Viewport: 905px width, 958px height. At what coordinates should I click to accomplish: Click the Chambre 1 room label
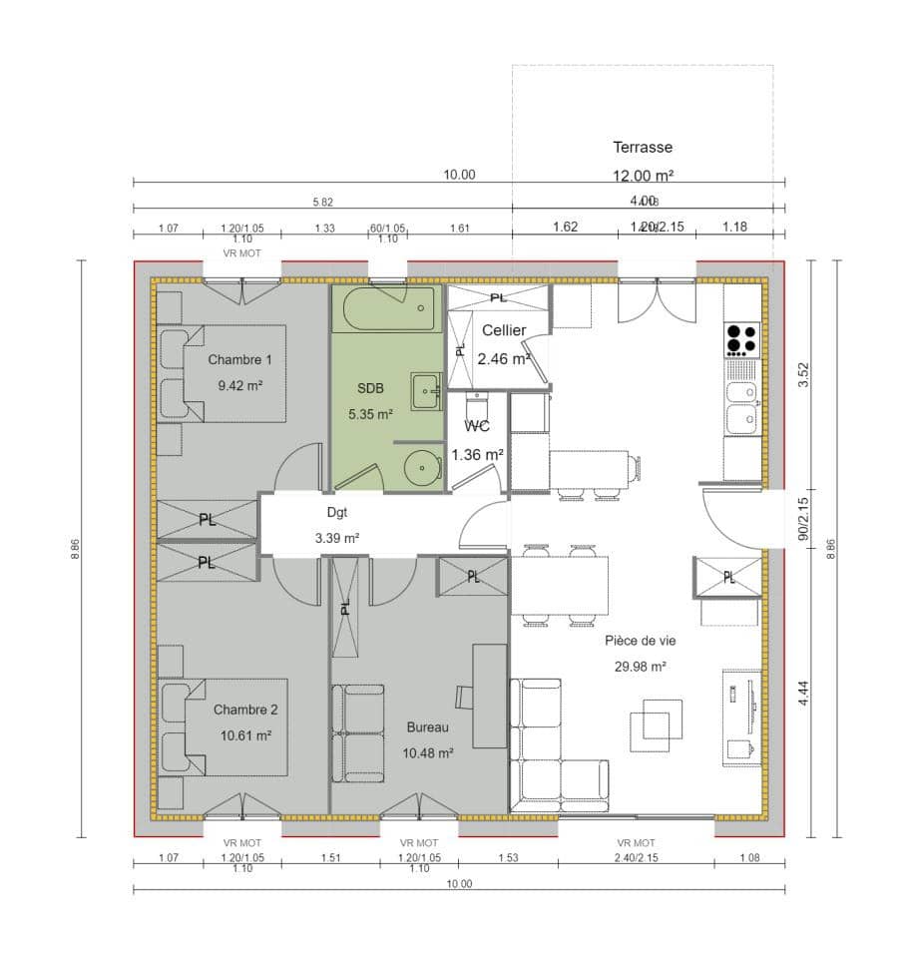pyautogui.click(x=239, y=359)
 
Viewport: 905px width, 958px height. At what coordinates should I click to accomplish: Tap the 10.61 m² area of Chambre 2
pyautogui.click(x=244, y=735)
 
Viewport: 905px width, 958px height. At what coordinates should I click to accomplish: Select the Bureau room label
pyautogui.click(x=428, y=727)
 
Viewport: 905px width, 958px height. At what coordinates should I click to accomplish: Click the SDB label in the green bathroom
pyautogui.click(x=370, y=387)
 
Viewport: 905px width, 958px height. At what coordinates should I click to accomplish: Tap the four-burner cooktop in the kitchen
pyautogui.click(x=741, y=339)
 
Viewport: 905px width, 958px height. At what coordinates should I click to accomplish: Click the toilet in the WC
pyautogui.click(x=477, y=408)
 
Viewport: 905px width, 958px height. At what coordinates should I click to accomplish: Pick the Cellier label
pyautogui.click(x=504, y=330)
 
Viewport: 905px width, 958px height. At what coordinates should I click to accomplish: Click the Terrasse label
pyautogui.click(x=643, y=148)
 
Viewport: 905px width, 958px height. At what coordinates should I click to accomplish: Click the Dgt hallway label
pyautogui.click(x=337, y=513)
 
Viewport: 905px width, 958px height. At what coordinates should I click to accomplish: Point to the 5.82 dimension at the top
pyautogui.click(x=322, y=202)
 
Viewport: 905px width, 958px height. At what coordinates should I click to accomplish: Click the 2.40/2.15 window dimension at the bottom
pyautogui.click(x=636, y=857)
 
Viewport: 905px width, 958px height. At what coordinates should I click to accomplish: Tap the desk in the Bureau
pyautogui.click(x=489, y=696)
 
